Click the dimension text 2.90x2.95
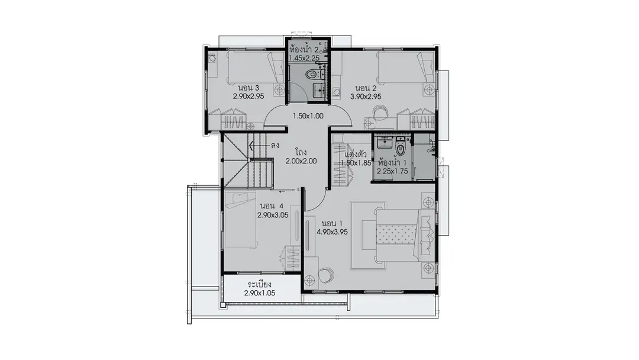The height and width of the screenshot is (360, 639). click(x=248, y=97)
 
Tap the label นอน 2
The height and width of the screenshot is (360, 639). click(x=366, y=88)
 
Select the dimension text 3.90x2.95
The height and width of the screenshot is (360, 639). click(x=366, y=97)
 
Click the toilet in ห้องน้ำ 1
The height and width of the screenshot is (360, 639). click(x=401, y=149)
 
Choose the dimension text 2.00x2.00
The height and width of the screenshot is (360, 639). click(x=301, y=161)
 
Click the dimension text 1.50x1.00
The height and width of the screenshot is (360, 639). click(x=308, y=116)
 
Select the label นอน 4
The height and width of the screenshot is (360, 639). click(x=271, y=206)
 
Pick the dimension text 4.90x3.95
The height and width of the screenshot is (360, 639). click(x=332, y=232)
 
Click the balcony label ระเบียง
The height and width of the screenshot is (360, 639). click(x=260, y=285)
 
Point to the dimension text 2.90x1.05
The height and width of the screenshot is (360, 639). click(x=260, y=293)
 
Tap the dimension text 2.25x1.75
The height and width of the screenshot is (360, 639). click(x=392, y=172)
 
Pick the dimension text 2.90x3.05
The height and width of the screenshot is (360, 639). click(x=273, y=216)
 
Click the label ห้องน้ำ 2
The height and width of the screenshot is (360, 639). click(x=304, y=49)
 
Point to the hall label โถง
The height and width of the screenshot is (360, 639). click(x=301, y=153)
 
